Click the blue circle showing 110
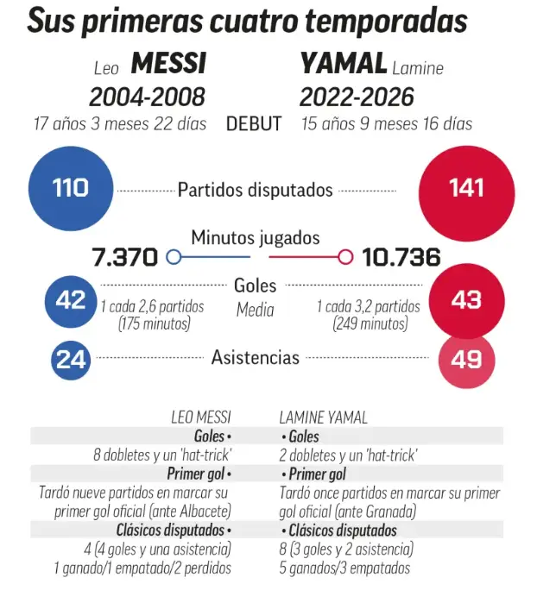tap(71, 188)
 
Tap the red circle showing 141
tap(466, 188)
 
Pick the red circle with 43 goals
tap(466, 300)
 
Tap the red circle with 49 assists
tap(466, 358)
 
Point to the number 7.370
tap(125, 257)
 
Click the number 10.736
tap(401, 257)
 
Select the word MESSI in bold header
tap(168, 64)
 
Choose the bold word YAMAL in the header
tap(344, 64)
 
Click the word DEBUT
tap(254, 123)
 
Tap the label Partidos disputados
tap(255, 189)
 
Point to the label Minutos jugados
tap(256, 237)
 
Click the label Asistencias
tap(256, 357)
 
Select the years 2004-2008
tap(147, 96)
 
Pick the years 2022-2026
tap(357, 96)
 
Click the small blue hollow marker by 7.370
tap(173, 257)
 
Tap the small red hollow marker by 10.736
tap(346, 257)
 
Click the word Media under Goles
tap(255, 310)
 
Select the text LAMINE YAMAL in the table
tap(324, 418)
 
